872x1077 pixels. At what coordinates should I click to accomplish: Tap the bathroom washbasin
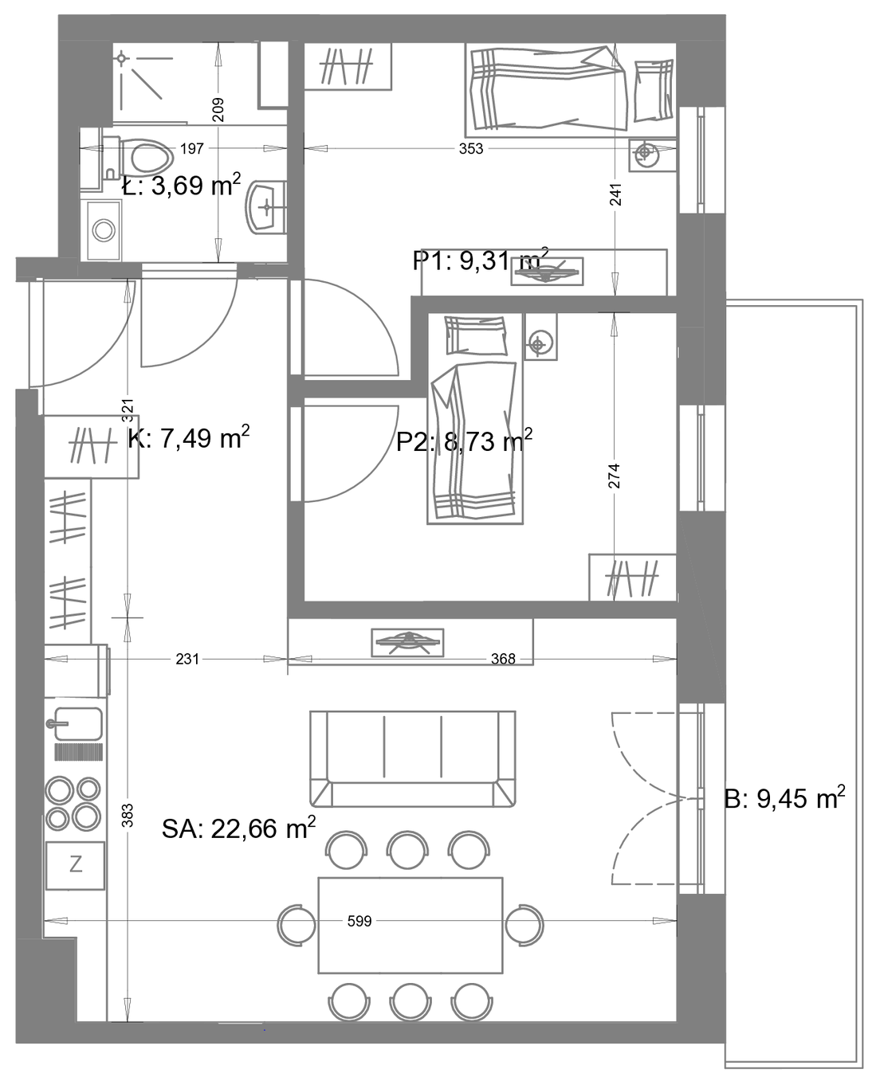point(266,207)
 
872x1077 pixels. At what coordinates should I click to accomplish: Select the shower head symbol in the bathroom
point(121,59)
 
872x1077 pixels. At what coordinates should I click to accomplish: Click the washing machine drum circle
point(104,230)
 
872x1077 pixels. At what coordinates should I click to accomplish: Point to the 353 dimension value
point(470,149)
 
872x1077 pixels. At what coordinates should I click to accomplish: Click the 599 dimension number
point(359,921)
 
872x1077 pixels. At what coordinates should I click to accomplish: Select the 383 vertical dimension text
point(128,815)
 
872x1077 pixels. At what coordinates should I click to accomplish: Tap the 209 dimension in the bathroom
point(218,109)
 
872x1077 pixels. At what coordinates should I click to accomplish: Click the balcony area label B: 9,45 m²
point(784,798)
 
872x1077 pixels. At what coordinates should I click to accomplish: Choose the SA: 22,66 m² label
point(239,828)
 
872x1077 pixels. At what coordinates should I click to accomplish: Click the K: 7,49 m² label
point(189,437)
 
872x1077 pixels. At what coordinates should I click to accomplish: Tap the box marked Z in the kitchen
point(76,865)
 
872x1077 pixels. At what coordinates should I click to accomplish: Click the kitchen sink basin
point(78,723)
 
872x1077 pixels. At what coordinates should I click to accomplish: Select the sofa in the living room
point(412,758)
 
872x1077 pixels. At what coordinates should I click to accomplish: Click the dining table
point(410,925)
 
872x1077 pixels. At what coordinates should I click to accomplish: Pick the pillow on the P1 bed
point(654,91)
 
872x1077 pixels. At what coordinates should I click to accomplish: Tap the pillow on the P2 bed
point(475,335)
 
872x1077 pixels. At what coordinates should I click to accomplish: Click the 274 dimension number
point(614,476)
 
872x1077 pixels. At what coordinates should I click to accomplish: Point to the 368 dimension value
point(503,659)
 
